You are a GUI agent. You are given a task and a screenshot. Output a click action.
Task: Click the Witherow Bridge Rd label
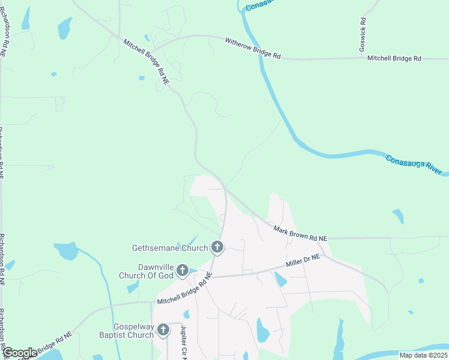(253, 49)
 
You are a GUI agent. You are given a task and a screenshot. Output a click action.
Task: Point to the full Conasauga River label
(415, 165)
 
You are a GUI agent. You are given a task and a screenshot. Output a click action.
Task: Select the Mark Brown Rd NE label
(300, 233)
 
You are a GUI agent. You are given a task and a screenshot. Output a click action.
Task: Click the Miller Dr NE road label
(303, 262)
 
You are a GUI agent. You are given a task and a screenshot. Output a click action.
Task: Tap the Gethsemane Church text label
(170, 247)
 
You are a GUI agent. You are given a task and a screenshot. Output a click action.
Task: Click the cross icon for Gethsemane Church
(217, 247)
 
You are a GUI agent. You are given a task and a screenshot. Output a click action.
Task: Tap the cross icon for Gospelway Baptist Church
(163, 330)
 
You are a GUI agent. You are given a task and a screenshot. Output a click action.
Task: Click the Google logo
(20, 352)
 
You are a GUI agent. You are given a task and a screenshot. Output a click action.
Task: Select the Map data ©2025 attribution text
(423, 355)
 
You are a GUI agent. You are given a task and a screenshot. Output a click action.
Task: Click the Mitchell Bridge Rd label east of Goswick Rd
(394, 58)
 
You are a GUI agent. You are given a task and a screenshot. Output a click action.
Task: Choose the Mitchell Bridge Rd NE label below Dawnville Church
(184, 289)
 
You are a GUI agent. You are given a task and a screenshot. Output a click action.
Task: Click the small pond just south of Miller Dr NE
(280, 280)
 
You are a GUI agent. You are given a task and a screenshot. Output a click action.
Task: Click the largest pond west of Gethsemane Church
(66, 251)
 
